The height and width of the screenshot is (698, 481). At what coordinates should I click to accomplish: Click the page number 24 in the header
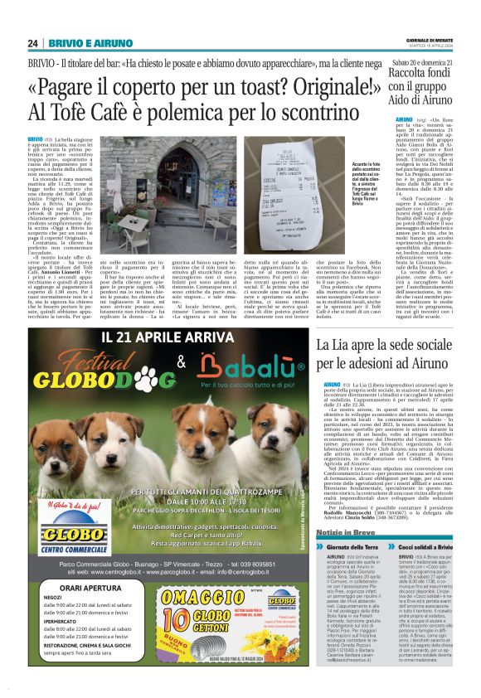32,43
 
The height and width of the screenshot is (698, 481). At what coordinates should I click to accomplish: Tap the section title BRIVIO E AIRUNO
79,43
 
